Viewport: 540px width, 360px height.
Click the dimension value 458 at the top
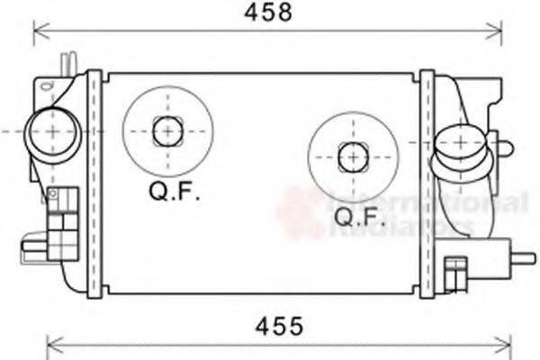click(269, 13)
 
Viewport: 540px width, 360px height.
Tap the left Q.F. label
click(175, 192)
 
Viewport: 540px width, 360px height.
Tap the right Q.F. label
click(358, 216)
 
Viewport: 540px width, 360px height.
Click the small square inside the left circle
click(166, 131)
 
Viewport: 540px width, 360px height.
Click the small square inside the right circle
click(352, 157)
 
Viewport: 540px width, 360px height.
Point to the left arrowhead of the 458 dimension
click(38, 33)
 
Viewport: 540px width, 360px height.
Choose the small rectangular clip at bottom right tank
click(455, 270)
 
